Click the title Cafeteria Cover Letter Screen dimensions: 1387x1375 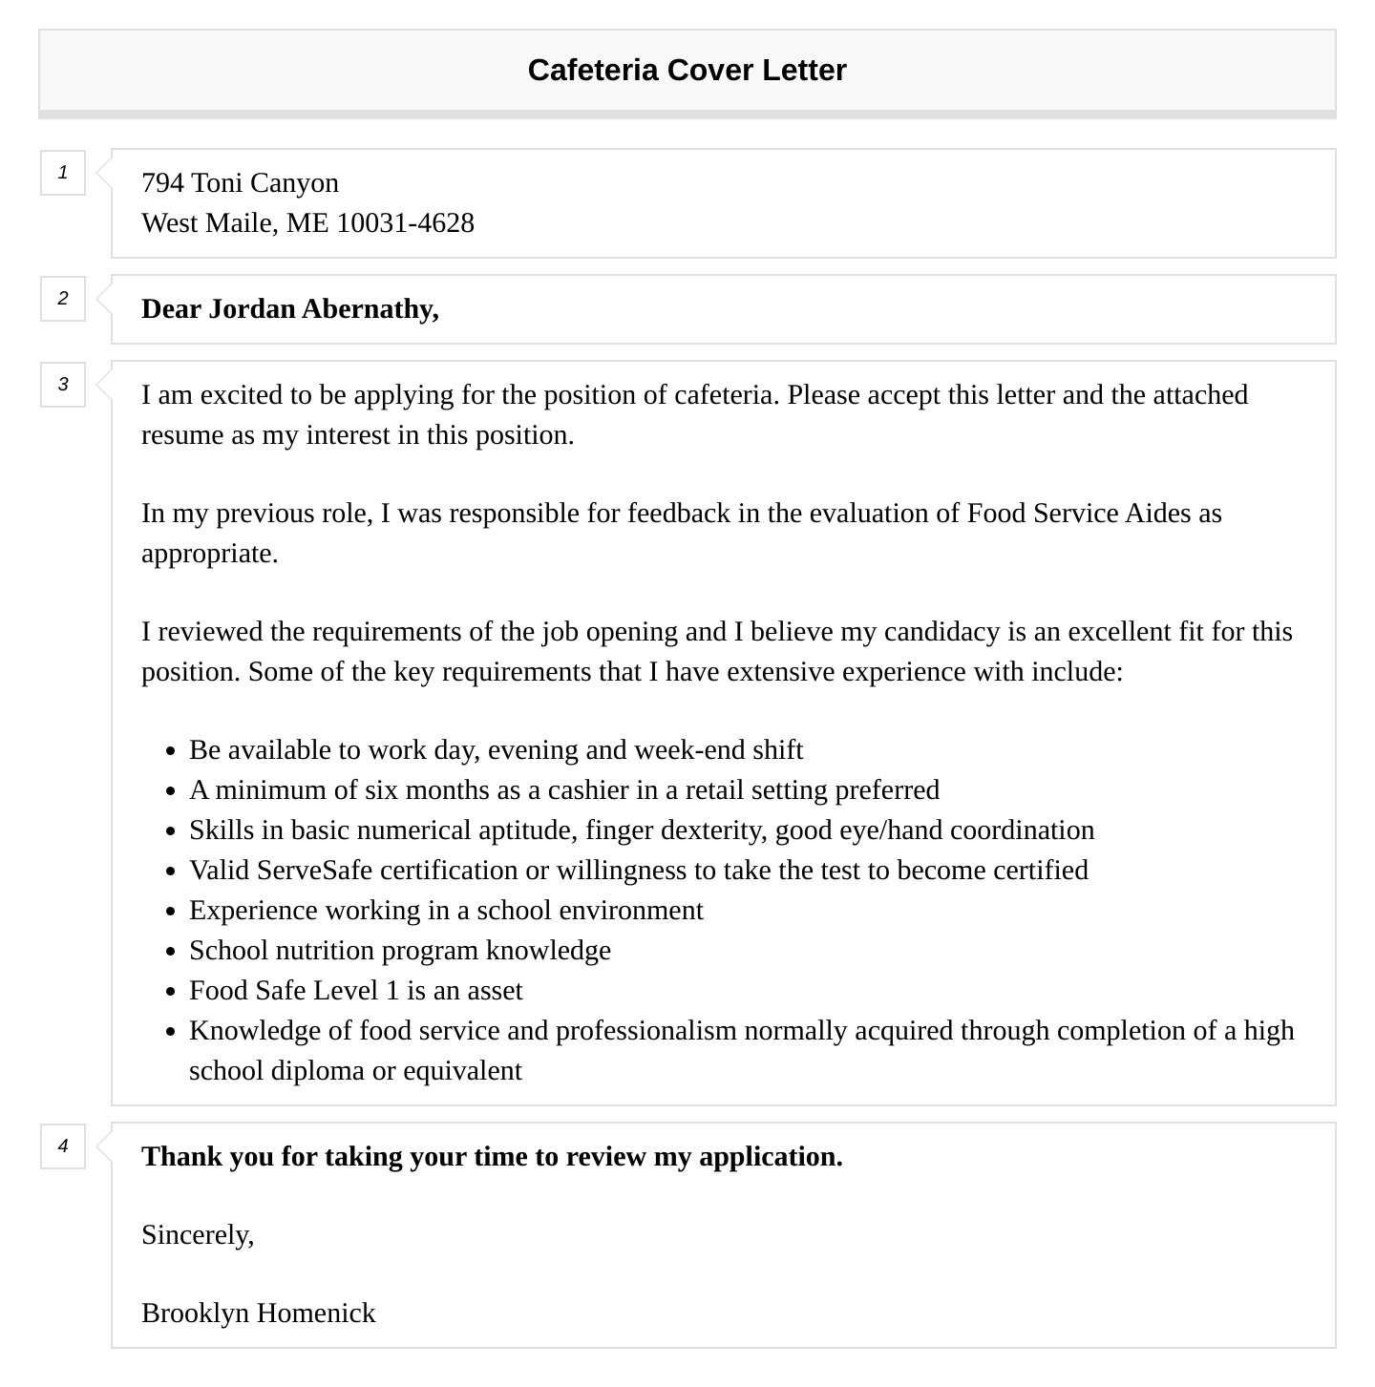(687, 71)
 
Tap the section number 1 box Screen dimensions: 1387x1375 (63, 173)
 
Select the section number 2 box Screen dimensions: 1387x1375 (63, 299)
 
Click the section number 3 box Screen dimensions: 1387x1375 (63, 385)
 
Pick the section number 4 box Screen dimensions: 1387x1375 (63, 1146)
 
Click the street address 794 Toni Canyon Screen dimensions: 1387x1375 (240, 182)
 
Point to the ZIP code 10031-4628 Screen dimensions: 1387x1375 (405, 222)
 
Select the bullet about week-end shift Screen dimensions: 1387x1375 (496, 750)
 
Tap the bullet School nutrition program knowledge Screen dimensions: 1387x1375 (399, 951)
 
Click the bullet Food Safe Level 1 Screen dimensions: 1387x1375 (355, 991)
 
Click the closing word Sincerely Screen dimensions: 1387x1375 (198, 1235)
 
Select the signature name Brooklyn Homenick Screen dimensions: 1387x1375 (258, 1313)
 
